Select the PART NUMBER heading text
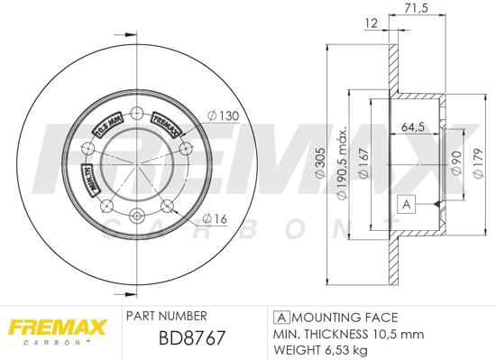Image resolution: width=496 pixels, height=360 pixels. pos(167,317)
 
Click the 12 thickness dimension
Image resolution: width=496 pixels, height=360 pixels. pos(371,25)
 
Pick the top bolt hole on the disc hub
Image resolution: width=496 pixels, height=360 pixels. pos(137,114)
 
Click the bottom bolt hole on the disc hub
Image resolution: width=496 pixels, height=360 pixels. pos(137,215)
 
